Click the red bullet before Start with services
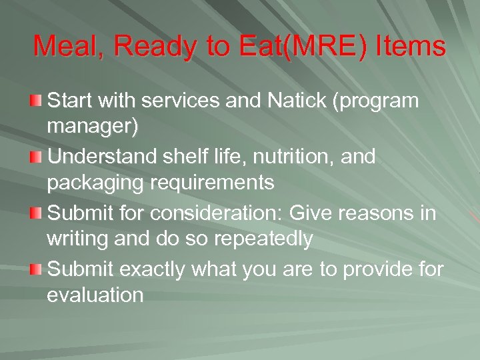[35, 101]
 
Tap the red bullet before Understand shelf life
[35, 157]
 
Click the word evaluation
[95, 295]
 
